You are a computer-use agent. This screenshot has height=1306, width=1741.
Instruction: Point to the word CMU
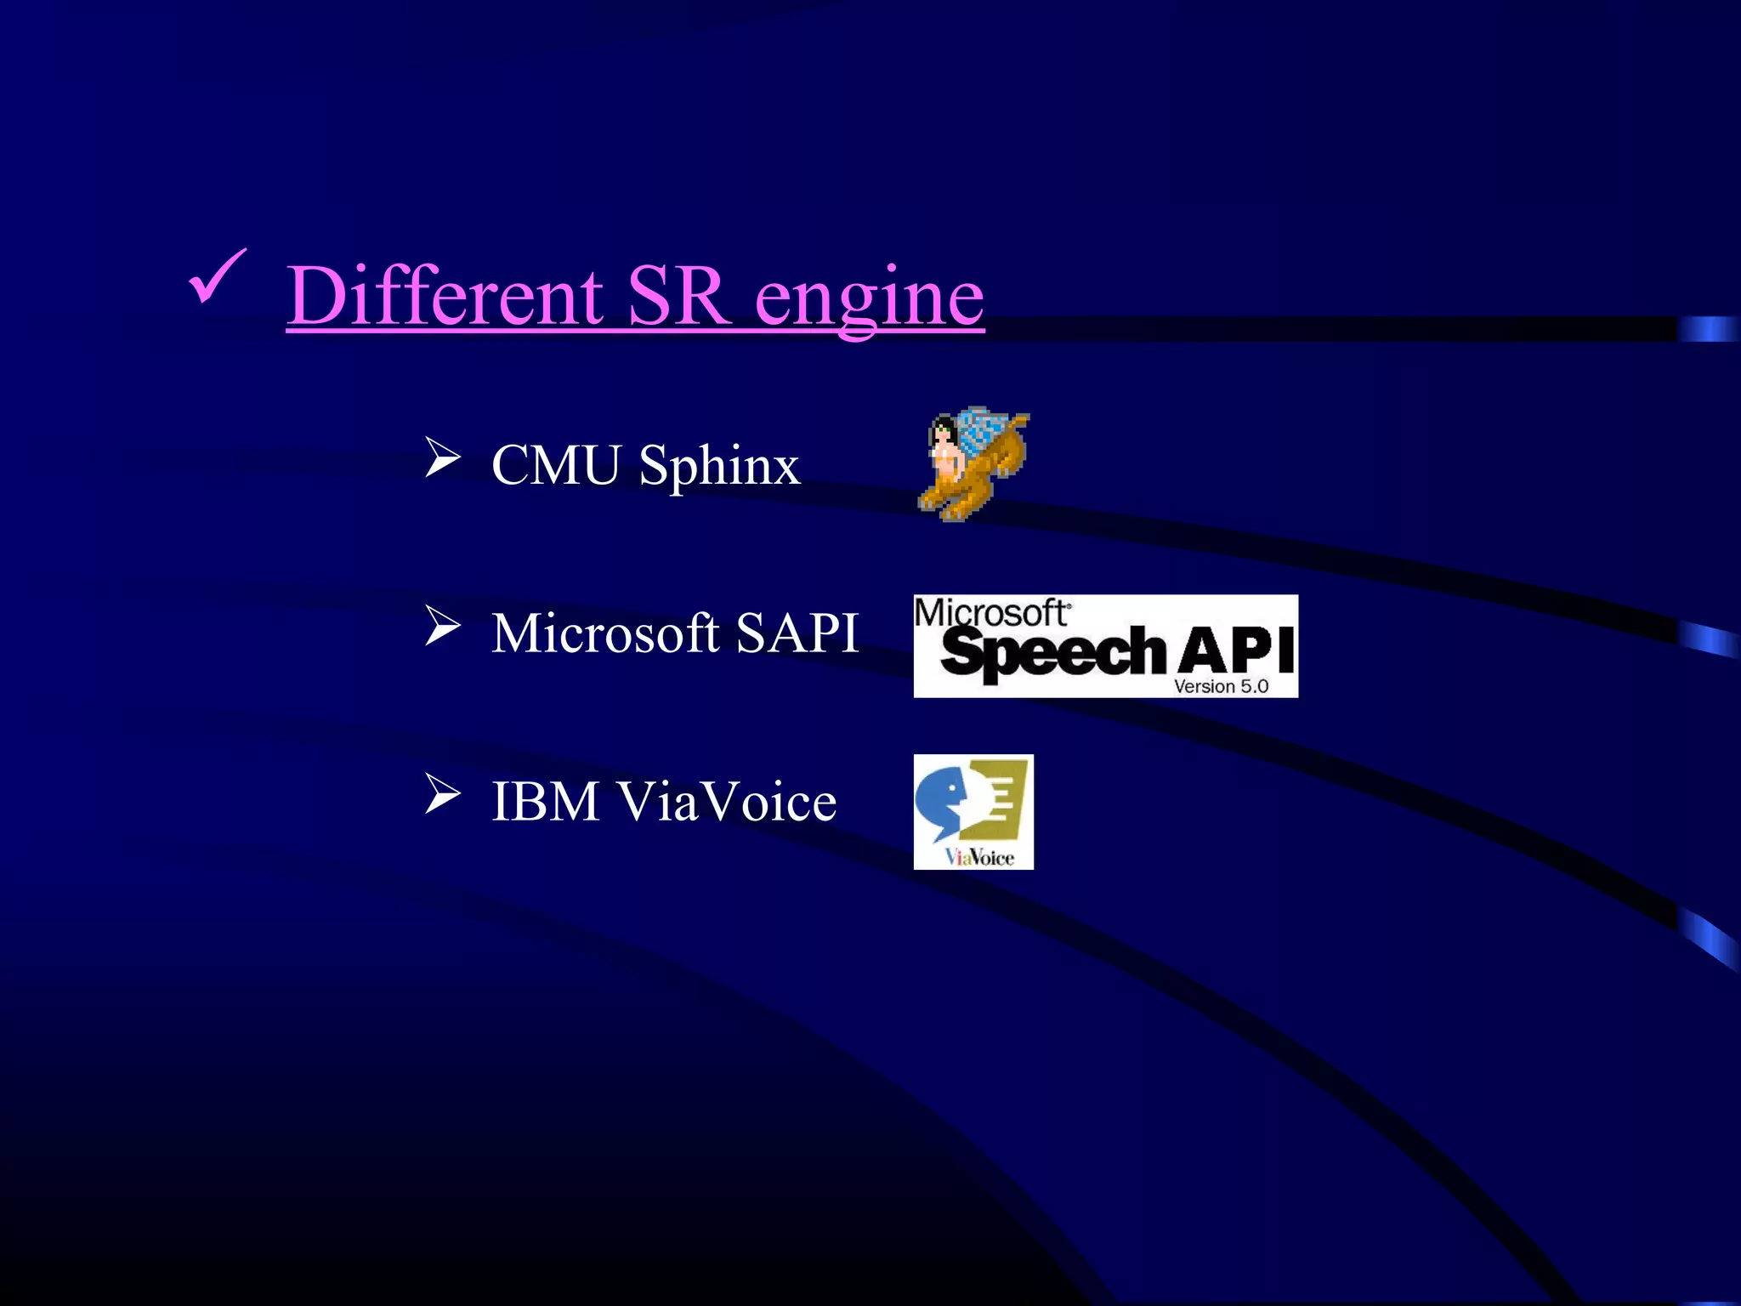tap(556, 465)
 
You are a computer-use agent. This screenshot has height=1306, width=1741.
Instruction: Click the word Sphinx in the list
tap(719, 467)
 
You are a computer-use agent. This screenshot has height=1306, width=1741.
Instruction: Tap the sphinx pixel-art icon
tap(973, 463)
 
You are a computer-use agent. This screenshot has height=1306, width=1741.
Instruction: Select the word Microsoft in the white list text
tap(605, 633)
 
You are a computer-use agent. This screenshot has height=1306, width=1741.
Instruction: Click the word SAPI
tap(797, 633)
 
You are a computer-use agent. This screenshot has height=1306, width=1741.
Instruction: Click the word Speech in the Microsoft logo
tap(1052, 653)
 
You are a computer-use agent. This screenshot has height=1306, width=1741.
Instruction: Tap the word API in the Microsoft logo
tap(1237, 650)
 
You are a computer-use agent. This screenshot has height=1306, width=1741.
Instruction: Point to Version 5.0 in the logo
tap(1221, 686)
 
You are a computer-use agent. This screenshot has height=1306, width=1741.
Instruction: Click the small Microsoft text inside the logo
tap(991, 612)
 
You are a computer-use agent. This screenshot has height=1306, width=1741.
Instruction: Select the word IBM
tap(546, 802)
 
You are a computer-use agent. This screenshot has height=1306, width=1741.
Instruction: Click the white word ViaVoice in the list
tap(727, 802)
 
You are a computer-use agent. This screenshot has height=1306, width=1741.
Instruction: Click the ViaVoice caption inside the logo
tap(979, 857)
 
